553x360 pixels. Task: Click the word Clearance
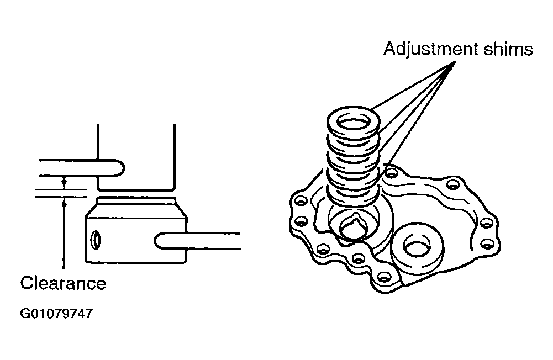pos(63,283)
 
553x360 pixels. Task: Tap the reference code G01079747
pos(56,314)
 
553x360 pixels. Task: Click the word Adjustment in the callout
pos(431,50)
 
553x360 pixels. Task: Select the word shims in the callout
pos(508,49)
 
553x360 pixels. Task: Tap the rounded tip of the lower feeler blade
pos(157,241)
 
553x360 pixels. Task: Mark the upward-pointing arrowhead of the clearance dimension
pos(64,202)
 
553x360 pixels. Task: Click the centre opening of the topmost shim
pos(354,124)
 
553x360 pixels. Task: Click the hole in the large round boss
pos(417,247)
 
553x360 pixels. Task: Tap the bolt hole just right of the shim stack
pos(391,173)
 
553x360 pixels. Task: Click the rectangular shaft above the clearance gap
pos(136,157)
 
